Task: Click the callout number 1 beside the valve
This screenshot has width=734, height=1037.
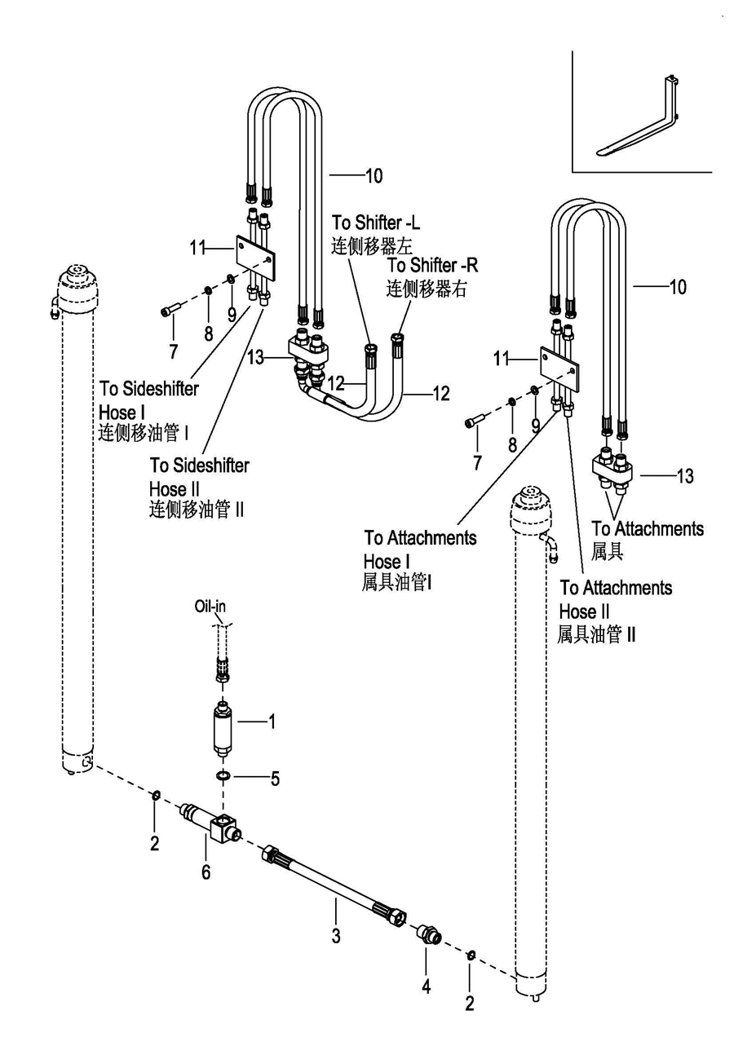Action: (272, 721)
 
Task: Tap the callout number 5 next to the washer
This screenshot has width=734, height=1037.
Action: (275, 779)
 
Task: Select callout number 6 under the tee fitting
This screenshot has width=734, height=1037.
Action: (206, 872)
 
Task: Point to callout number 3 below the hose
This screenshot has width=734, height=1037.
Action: (335, 938)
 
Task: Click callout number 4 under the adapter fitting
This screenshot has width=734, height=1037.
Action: (425, 986)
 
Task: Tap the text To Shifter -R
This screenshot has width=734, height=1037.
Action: (432, 266)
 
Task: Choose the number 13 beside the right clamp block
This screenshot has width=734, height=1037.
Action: (685, 476)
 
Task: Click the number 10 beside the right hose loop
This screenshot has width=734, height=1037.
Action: (677, 286)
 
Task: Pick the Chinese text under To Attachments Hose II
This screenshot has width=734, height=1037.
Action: (596, 634)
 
